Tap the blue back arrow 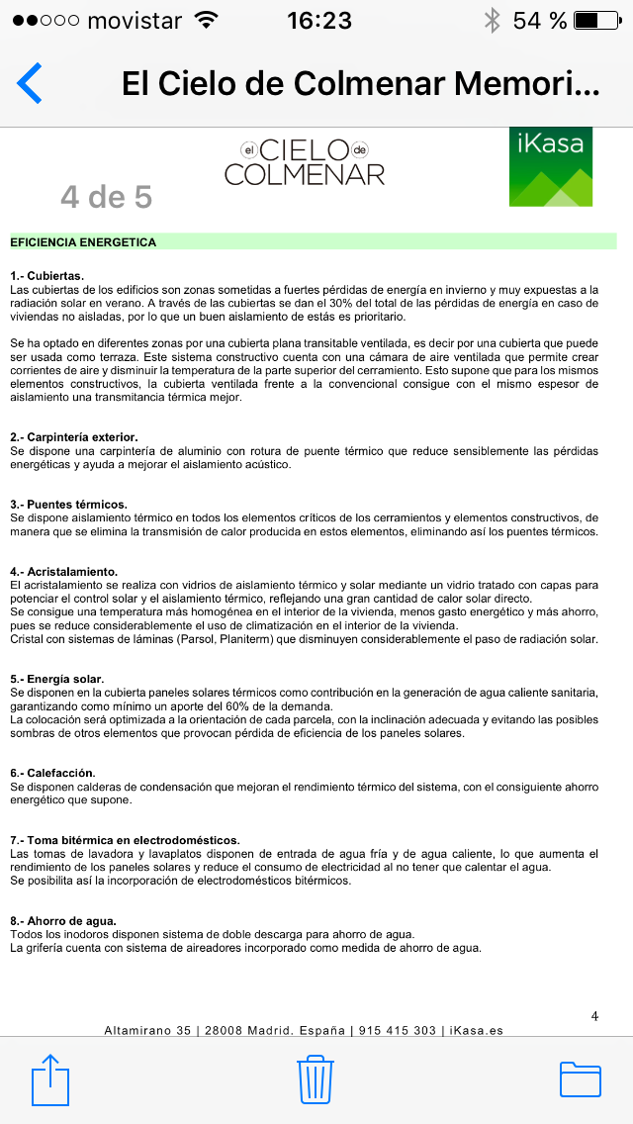point(30,83)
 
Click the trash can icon point(315,1078)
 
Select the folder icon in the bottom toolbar point(581,1078)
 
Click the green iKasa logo point(551,166)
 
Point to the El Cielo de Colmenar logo point(305,163)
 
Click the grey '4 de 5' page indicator point(106,197)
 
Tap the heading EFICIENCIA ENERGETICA point(83,241)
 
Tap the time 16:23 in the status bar point(319,20)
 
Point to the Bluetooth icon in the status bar point(492,20)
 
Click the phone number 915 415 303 point(397,1030)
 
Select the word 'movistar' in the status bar point(135,20)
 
